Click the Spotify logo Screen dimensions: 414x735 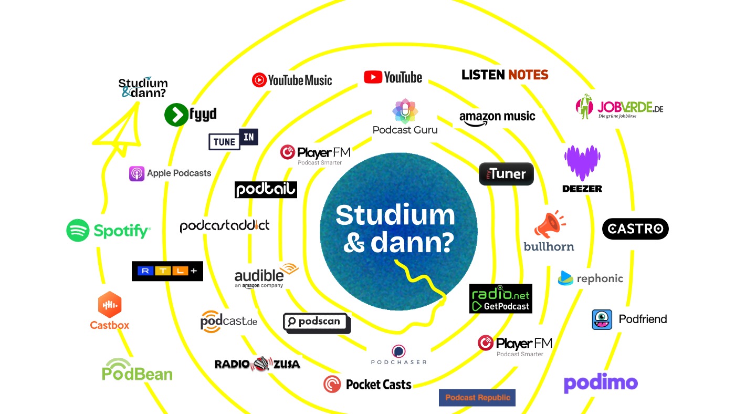[x=108, y=230]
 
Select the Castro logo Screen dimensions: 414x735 [x=635, y=229]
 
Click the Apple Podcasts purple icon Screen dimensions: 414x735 [x=136, y=173]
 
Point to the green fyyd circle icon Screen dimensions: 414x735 [x=176, y=115]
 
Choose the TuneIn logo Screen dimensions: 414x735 [x=233, y=139]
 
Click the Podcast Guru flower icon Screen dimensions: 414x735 [x=405, y=110]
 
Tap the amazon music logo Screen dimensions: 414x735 [x=497, y=118]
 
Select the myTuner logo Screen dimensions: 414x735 [x=506, y=174]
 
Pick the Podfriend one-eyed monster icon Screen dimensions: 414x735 [x=602, y=319]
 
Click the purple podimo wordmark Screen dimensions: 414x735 [x=601, y=383]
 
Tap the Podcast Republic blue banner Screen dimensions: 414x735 [x=477, y=398]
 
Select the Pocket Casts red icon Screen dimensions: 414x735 [x=332, y=385]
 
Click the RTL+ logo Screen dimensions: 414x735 [x=167, y=271]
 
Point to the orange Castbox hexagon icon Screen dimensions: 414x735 [x=110, y=305]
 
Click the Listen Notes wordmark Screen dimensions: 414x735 [x=505, y=75]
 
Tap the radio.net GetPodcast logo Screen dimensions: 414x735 [x=500, y=298]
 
